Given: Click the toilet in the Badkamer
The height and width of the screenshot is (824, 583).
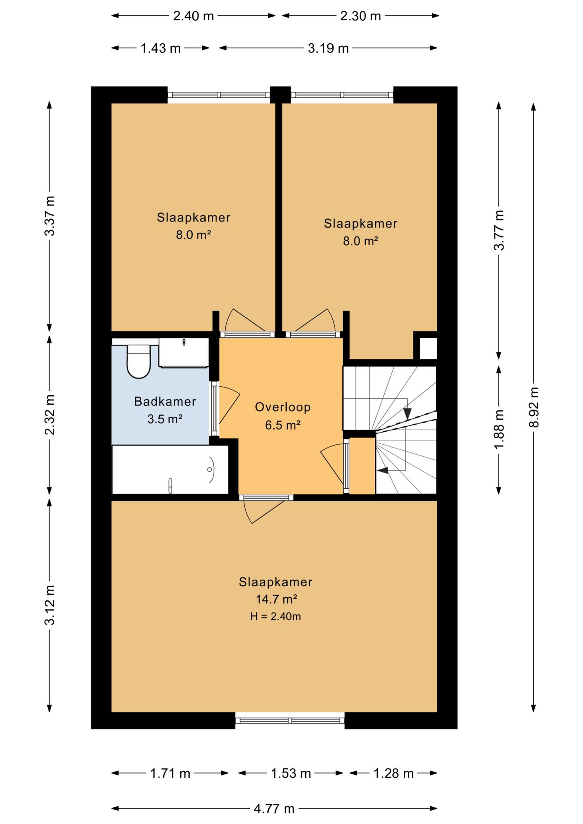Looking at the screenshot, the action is click(138, 361).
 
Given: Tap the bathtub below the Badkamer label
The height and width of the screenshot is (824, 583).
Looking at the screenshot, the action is click(170, 470).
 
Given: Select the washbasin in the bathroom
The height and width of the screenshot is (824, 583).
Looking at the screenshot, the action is click(184, 352).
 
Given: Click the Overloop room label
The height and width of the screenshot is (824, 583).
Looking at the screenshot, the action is click(282, 407).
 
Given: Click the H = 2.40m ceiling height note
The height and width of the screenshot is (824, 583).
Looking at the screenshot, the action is click(276, 617).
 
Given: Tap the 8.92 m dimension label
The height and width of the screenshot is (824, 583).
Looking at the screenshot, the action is click(534, 407).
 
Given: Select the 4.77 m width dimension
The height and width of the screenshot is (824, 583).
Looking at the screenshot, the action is click(274, 809).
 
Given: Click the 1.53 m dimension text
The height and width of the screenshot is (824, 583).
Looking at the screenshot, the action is click(291, 773).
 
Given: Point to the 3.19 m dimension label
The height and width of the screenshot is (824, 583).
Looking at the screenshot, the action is click(328, 48).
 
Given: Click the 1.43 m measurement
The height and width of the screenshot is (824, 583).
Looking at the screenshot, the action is click(161, 48).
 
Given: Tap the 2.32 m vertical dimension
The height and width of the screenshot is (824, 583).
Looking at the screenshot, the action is click(50, 415).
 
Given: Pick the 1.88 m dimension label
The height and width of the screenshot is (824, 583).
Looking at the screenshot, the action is click(499, 429).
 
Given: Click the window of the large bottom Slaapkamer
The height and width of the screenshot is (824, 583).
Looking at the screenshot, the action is click(290, 721).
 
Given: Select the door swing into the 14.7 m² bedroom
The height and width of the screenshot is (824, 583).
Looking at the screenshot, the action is click(262, 510).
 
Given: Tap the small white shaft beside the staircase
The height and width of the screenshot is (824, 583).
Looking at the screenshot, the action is click(428, 348).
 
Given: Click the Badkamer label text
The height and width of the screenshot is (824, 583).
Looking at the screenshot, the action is click(165, 401).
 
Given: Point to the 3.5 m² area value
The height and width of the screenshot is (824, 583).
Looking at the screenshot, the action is click(165, 419).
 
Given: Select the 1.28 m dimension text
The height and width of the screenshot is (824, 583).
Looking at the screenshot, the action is click(393, 773).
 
